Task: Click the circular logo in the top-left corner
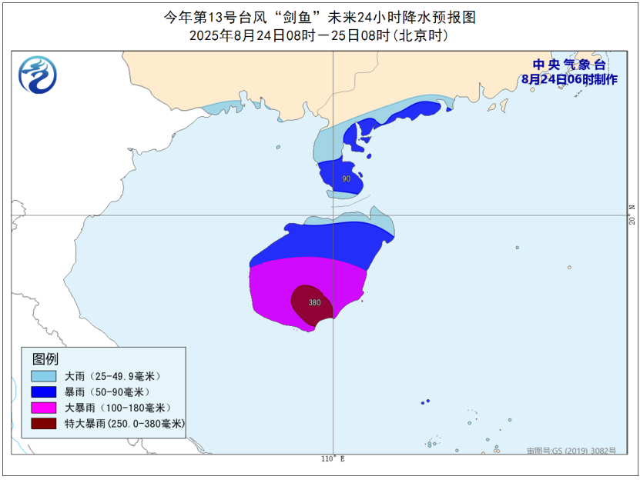38,75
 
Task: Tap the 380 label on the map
314,302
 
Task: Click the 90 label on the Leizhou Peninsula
346,179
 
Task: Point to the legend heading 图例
45,359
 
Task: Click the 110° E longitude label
333,459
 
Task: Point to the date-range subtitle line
319,36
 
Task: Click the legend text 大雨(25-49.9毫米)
112,376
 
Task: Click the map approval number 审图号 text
571,451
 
